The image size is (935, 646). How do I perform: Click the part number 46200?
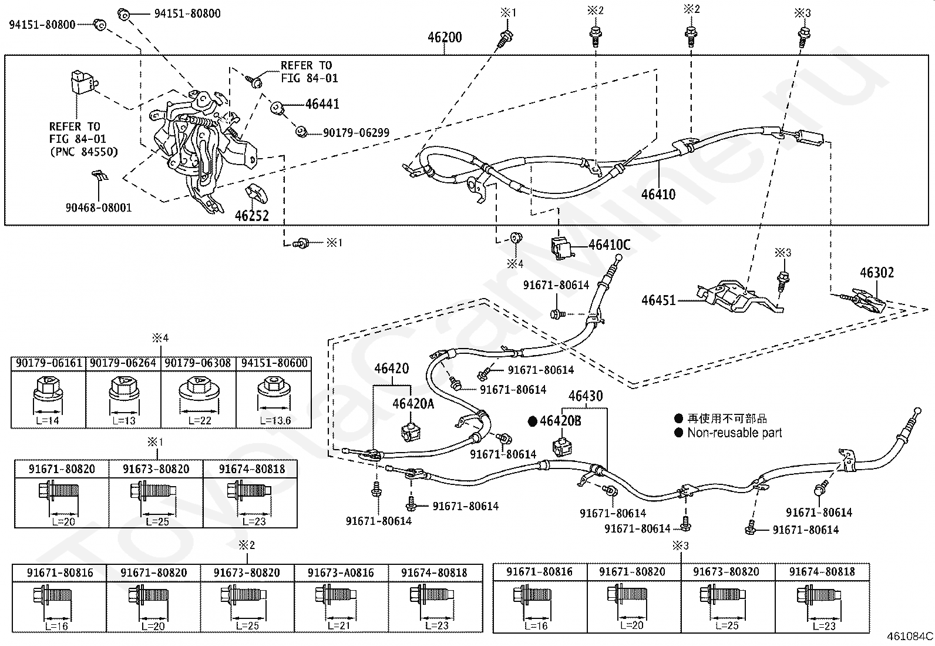coord(445,38)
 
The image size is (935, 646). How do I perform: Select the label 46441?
coord(322,104)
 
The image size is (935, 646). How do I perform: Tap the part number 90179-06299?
coord(356,133)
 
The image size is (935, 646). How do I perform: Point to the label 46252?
coord(252,216)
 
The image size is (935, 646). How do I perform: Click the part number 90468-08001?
coord(99,207)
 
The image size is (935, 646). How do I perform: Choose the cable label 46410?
coord(658,195)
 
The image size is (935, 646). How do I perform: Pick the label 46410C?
coord(610,245)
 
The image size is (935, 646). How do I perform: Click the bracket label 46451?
coord(658,300)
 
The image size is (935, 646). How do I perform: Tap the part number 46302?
coord(877,273)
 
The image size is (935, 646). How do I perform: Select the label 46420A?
coord(413,404)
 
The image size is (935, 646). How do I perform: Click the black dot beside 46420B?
coord(532,421)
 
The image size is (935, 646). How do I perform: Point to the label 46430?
coord(586,396)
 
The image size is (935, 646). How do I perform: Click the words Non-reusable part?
coord(735,433)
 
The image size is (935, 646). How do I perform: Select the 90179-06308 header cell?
coord(198,363)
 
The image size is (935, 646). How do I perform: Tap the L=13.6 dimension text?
coord(275,420)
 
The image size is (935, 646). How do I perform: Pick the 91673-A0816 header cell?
coord(341,573)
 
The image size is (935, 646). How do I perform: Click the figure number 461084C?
coord(910,637)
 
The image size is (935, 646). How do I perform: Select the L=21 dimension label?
coord(339,625)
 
